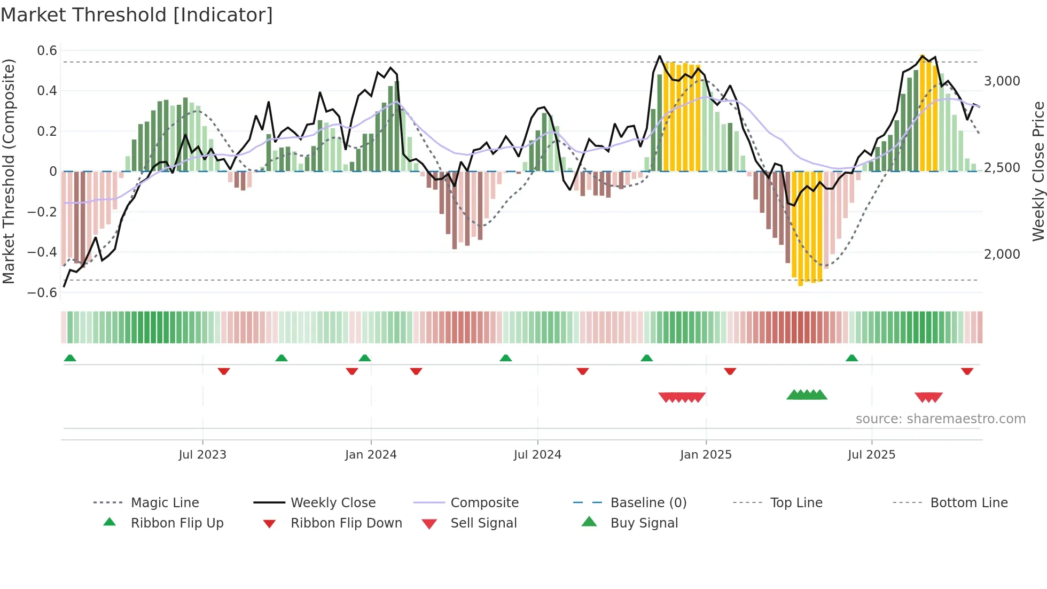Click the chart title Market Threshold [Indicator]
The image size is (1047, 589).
(x=137, y=15)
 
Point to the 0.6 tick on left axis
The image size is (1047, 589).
(x=47, y=51)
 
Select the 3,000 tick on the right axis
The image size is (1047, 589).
(x=1002, y=81)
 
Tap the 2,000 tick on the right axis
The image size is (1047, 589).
(x=1002, y=254)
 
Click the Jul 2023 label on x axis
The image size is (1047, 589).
(x=202, y=455)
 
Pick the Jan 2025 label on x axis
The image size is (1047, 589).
(x=706, y=455)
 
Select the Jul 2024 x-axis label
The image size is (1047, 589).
(x=537, y=455)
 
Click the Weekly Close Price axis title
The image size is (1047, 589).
(x=1038, y=171)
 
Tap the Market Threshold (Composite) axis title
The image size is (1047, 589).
(x=9, y=171)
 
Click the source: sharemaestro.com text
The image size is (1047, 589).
(x=940, y=419)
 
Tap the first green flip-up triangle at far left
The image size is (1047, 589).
(x=70, y=358)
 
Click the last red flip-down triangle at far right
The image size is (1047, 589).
(x=967, y=371)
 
